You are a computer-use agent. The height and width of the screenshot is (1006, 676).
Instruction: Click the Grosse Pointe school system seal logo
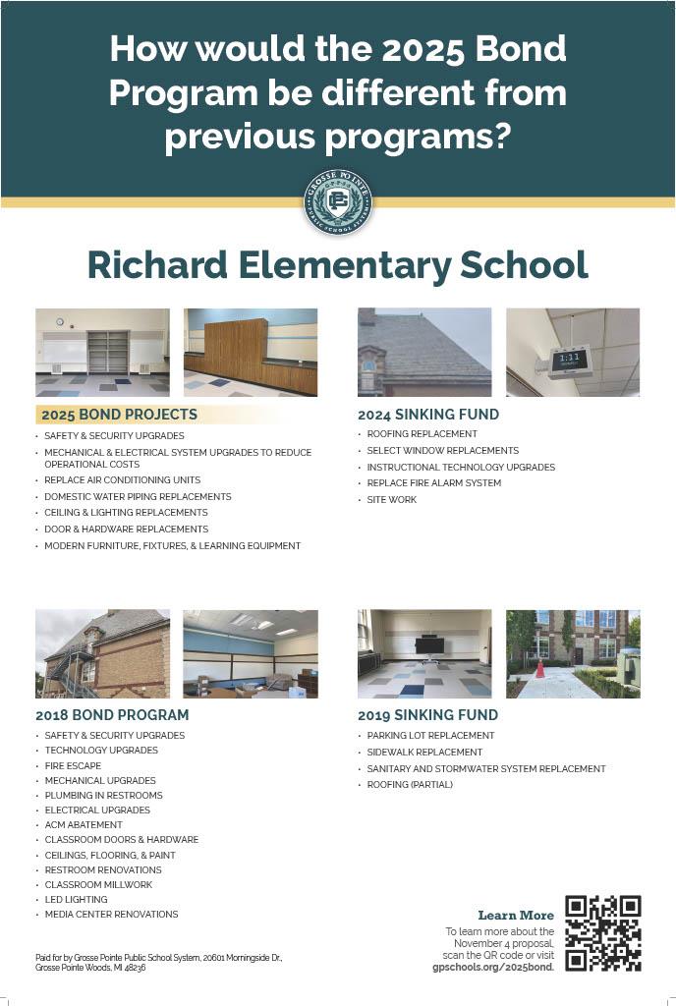point(338,202)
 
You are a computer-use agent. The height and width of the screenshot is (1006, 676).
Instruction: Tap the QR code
point(602,932)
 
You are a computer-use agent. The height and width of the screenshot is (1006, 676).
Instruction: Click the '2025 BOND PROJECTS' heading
point(119,415)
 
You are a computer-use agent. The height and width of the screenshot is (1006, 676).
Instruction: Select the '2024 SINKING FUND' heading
point(427,415)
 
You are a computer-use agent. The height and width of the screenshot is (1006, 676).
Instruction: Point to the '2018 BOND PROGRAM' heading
point(112,715)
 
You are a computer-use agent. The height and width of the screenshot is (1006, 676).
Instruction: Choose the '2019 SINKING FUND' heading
point(427,715)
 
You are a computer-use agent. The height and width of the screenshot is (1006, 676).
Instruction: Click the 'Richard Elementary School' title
point(337,265)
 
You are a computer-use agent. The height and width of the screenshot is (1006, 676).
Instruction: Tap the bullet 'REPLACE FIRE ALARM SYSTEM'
point(433,483)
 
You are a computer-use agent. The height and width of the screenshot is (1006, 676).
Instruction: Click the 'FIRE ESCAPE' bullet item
point(73,765)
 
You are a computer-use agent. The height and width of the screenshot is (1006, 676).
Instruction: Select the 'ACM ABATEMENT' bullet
point(84,825)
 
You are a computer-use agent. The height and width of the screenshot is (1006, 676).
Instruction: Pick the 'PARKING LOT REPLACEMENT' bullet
point(430,736)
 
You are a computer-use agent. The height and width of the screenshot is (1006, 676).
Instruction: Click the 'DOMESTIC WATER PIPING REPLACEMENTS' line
point(138,497)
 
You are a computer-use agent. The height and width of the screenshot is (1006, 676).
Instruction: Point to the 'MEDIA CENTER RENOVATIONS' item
point(111,915)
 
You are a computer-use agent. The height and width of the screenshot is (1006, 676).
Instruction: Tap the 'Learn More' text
point(516,916)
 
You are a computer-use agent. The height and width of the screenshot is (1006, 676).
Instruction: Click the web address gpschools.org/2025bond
point(493,968)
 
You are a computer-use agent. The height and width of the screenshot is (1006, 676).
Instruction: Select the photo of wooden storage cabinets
point(250,352)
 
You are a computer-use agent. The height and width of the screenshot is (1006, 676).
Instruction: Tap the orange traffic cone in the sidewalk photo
point(539,669)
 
